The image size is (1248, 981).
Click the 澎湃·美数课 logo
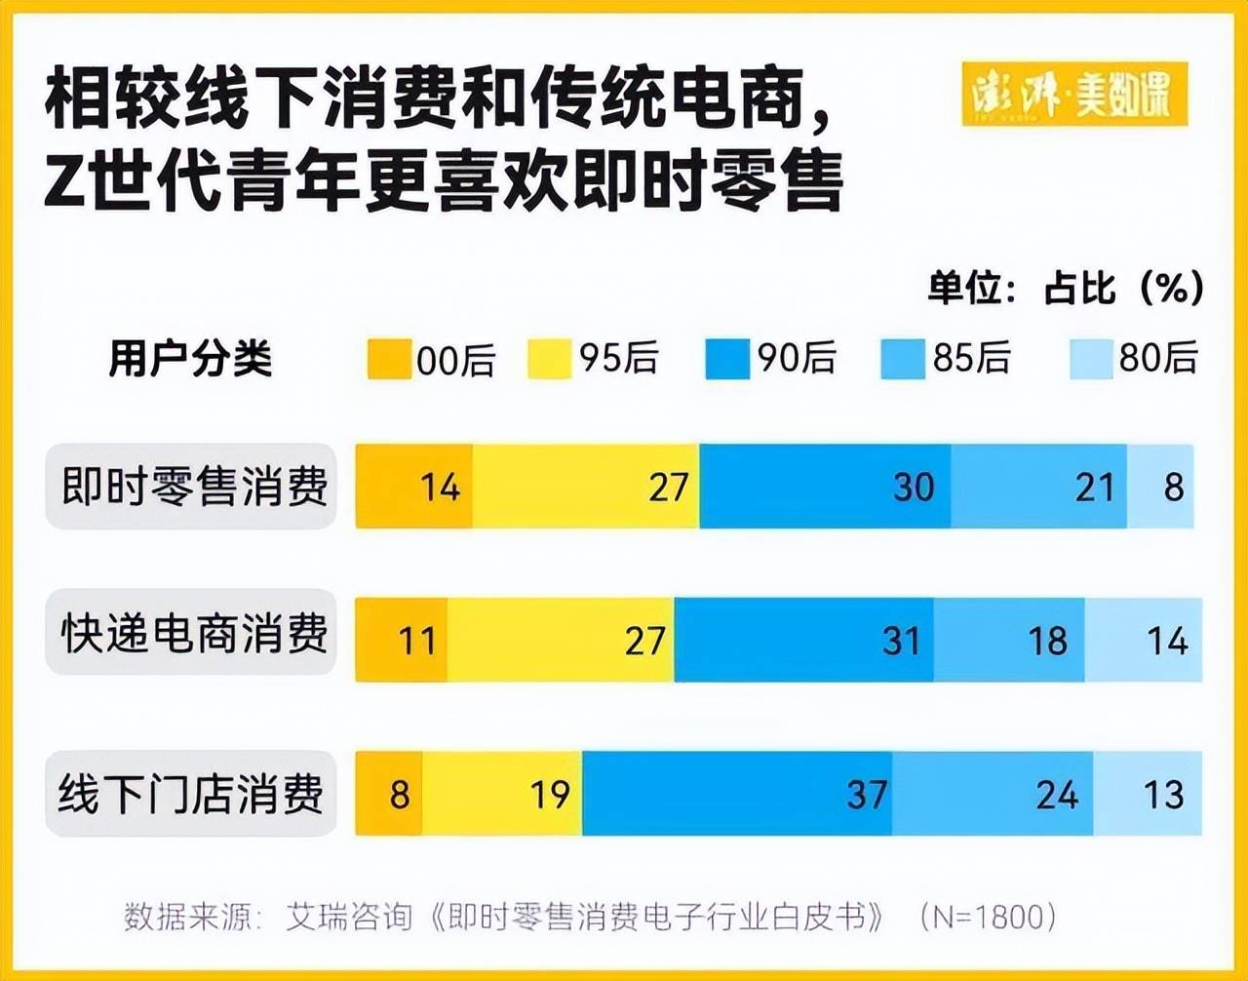1074,95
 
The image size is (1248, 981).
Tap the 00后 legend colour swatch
388,359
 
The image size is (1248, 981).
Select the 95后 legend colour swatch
549,359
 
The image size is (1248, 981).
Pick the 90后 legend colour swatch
727,359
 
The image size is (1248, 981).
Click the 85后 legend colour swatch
902,359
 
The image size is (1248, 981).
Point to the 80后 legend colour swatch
1090,359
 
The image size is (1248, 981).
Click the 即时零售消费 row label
192,487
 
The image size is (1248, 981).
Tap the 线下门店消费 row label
192,794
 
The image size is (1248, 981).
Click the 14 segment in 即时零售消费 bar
414,487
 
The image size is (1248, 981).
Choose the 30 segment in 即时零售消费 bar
825,487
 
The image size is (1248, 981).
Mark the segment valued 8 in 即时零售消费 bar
1161,487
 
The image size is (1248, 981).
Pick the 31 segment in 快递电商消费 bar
804,640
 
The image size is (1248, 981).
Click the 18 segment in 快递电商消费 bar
1009,640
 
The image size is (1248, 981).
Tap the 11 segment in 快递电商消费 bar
402,640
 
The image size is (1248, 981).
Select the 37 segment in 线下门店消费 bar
737,794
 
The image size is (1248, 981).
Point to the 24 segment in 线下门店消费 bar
993,794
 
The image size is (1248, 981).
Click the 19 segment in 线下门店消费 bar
503,794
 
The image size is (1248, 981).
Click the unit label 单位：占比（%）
1065,288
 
